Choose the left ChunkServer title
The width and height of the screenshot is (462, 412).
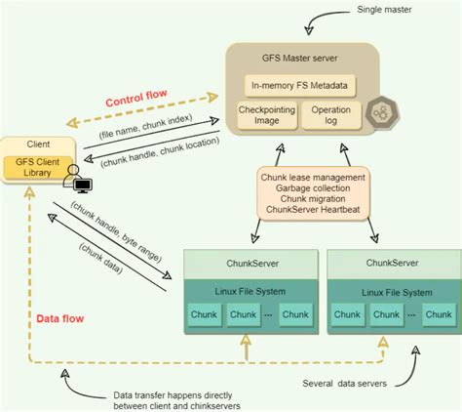point(250,265)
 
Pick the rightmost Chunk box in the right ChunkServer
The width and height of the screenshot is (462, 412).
point(437,315)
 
